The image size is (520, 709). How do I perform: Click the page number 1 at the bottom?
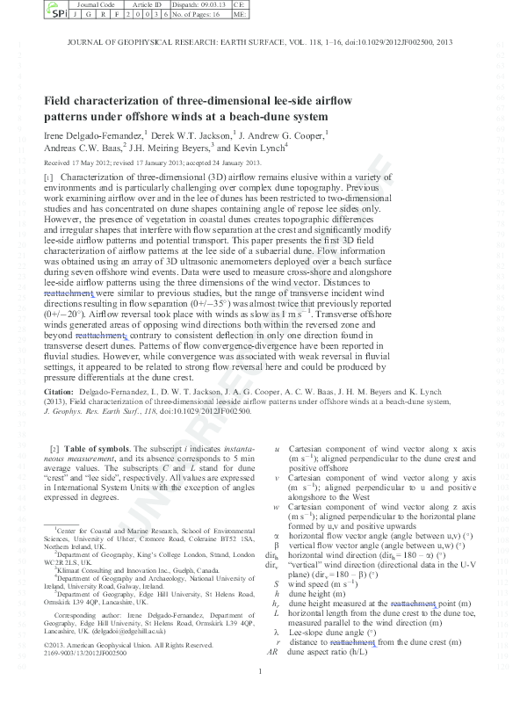[260, 697]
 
